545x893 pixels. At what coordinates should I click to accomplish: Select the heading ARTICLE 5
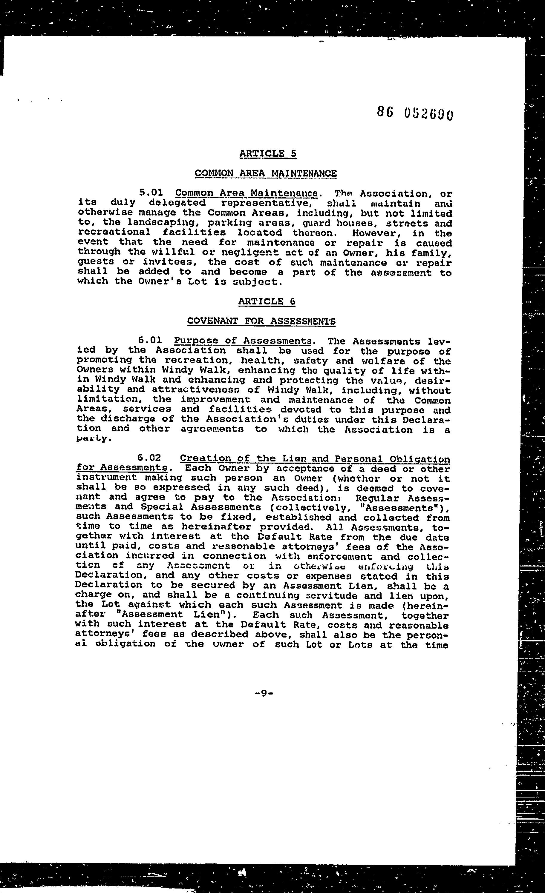268,153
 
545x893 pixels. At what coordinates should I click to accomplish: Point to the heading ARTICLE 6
267,301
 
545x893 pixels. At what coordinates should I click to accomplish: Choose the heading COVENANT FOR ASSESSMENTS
261,321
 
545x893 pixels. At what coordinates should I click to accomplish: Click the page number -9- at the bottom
264,693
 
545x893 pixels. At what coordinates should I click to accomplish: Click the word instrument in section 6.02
106,478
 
